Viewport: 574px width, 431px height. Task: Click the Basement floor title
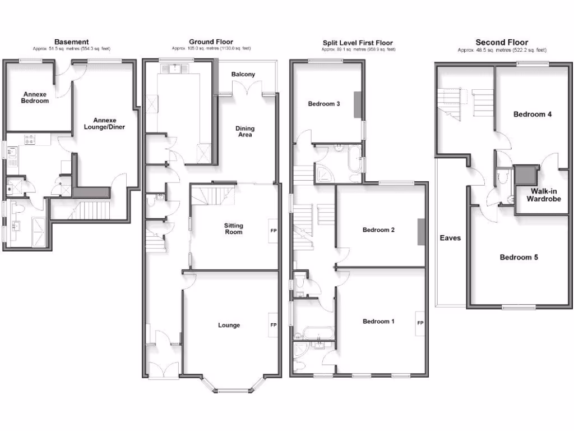pyautogui.click(x=71, y=42)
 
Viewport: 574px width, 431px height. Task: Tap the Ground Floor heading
pyautogui.click(x=211, y=42)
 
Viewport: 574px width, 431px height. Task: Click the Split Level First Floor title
pyautogui.click(x=358, y=43)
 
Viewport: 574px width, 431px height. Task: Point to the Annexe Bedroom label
pyautogui.click(x=35, y=98)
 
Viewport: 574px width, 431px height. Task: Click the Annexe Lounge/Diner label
pyautogui.click(x=109, y=123)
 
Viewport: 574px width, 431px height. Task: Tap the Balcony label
pyautogui.click(x=243, y=75)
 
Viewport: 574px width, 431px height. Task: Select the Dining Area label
pyautogui.click(x=244, y=131)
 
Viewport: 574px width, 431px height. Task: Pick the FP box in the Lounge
pyautogui.click(x=274, y=325)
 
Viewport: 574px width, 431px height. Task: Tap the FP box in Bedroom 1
pyautogui.click(x=420, y=323)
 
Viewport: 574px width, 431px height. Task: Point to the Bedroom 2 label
pyautogui.click(x=379, y=230)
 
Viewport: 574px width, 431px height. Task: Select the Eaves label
pyautogui.click(x=450, y=238)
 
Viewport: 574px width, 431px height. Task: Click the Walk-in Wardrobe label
pyautogui.click(x=542, y=195)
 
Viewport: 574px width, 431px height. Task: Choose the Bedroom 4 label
pyautogui.click(x=533, y=114)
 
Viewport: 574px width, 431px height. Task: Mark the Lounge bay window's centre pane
pyautogui.click(x=232, y=390)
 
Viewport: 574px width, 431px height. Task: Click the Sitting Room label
pyautogui.click(x=234, y=228)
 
